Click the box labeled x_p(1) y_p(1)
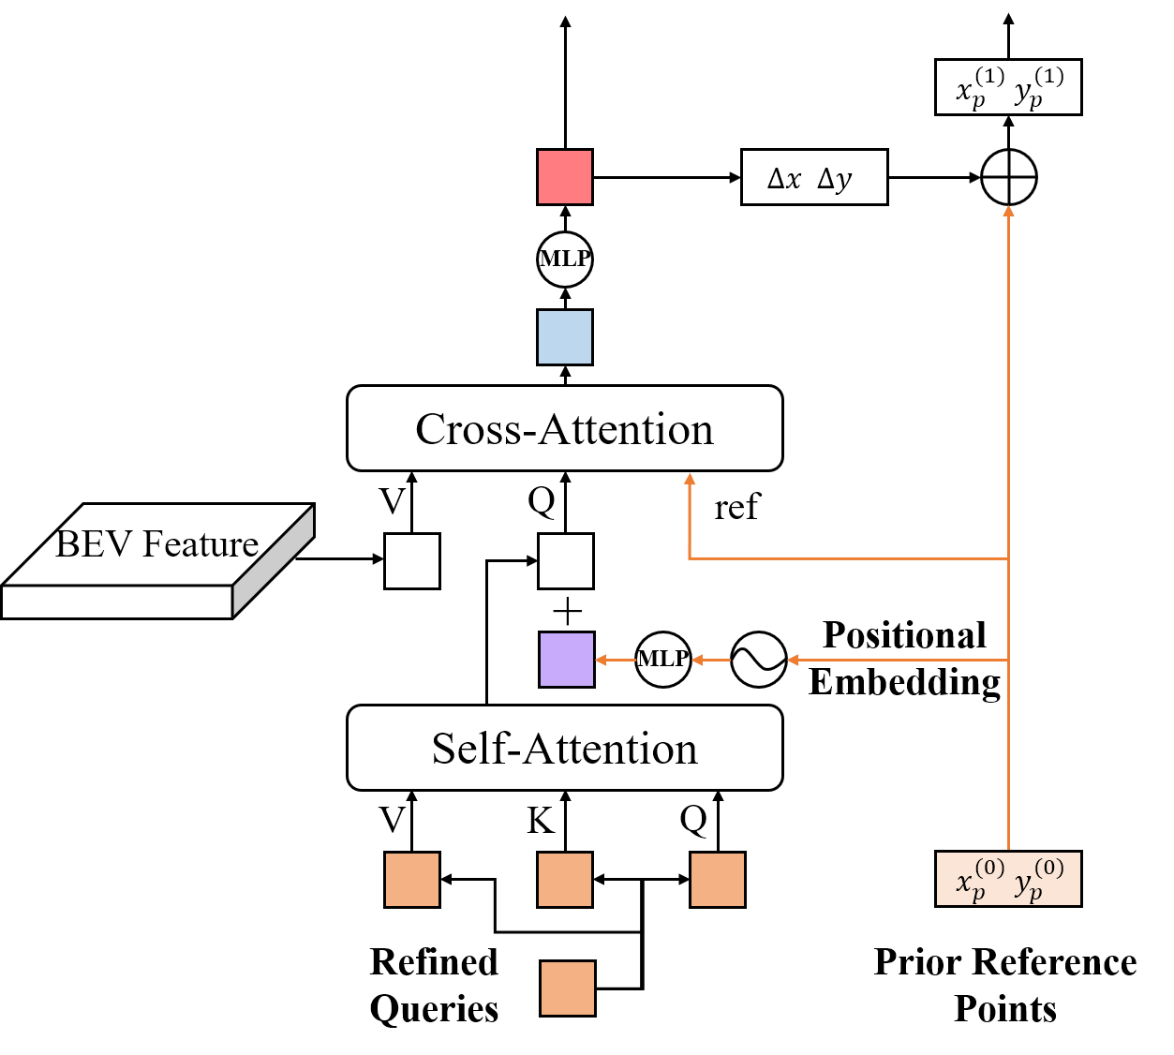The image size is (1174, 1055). coord(1008,87)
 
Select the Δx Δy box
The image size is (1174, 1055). coord(814,177)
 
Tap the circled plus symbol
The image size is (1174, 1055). coord(1008,177)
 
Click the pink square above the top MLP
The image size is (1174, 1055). coord(565,177)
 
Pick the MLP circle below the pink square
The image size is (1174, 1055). coord(565,259)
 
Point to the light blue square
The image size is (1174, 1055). coord(565,337)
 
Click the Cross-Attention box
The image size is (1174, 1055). coord(564,428)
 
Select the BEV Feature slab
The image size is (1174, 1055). coord(156,562)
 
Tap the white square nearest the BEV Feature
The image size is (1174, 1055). coord(412,561)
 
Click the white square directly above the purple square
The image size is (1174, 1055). coord(566,561)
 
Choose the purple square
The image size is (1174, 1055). coord(567,660)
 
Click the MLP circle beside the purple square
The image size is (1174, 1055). coord(663,660)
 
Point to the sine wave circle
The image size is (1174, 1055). coord(758,660)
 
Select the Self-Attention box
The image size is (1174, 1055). coord(564,748)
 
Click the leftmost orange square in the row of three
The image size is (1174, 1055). coord(412,880)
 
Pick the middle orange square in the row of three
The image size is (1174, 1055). coord(565,880)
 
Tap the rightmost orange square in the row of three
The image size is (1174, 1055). coord(718,880)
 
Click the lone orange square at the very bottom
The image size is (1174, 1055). coord(568,988)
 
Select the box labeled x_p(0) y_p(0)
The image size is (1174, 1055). coord(1008,879)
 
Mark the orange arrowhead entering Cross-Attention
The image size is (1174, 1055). coord(690,480)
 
